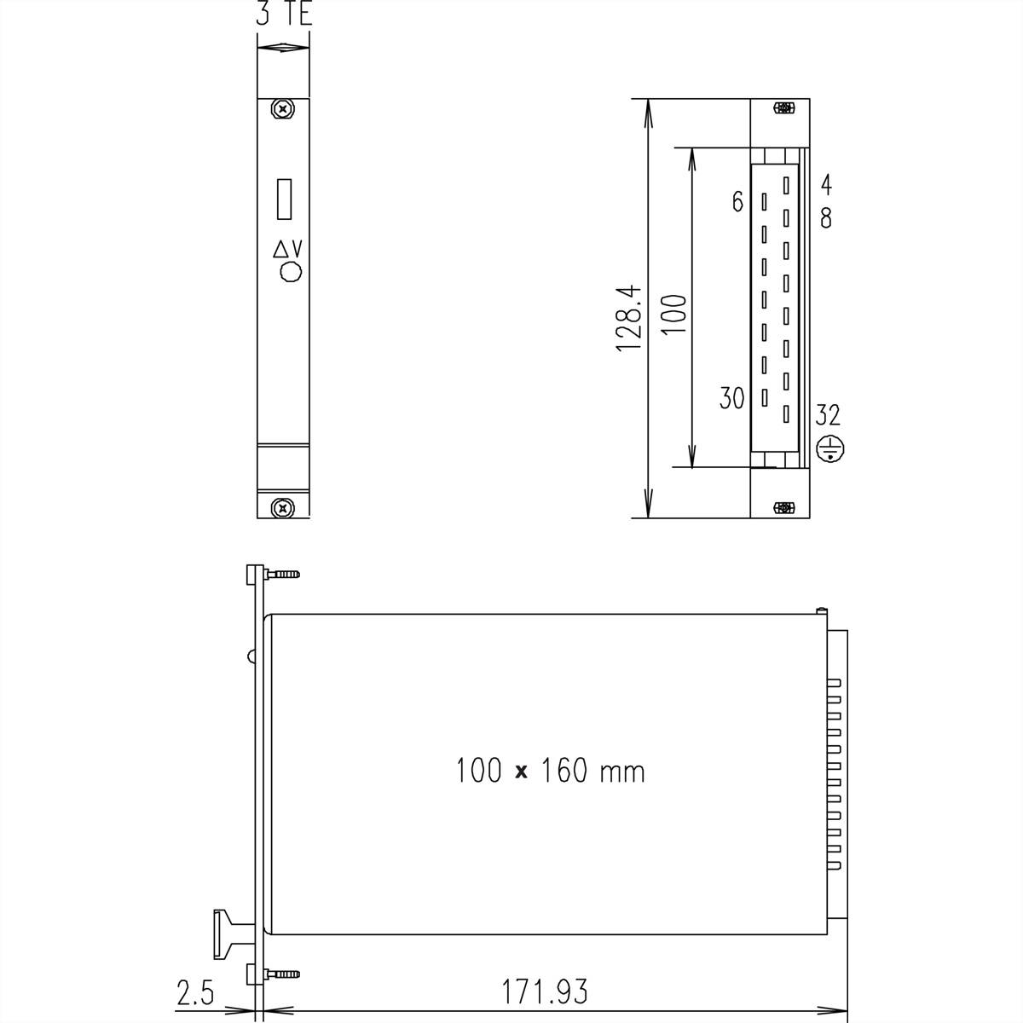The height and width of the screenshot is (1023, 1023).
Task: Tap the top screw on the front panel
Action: (282, 109)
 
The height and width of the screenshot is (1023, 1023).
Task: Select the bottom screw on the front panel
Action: (282, 508)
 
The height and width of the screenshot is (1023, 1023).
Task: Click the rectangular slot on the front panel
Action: (285, 199)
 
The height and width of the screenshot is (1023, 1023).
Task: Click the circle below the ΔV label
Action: (292, 273)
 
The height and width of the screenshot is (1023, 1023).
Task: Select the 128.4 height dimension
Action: (629, 321)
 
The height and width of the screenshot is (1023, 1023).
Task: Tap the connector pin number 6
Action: (737, 202)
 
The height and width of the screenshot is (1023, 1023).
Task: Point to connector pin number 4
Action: (826, 184)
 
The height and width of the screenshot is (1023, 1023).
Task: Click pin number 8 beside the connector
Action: (826, 219)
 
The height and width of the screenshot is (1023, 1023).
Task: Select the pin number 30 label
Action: (731, 398)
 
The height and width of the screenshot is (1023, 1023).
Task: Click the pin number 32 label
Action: (828, 415)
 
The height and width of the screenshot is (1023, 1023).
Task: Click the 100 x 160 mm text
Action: (550, 772)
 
